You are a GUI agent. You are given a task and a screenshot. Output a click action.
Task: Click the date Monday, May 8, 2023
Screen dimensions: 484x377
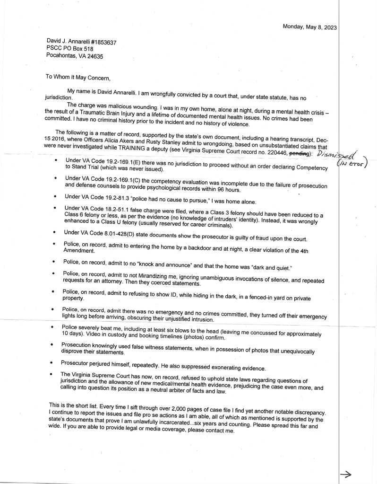[x=309, y=27]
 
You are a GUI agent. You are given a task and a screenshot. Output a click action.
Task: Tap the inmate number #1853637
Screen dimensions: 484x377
[x=100, y=42]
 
